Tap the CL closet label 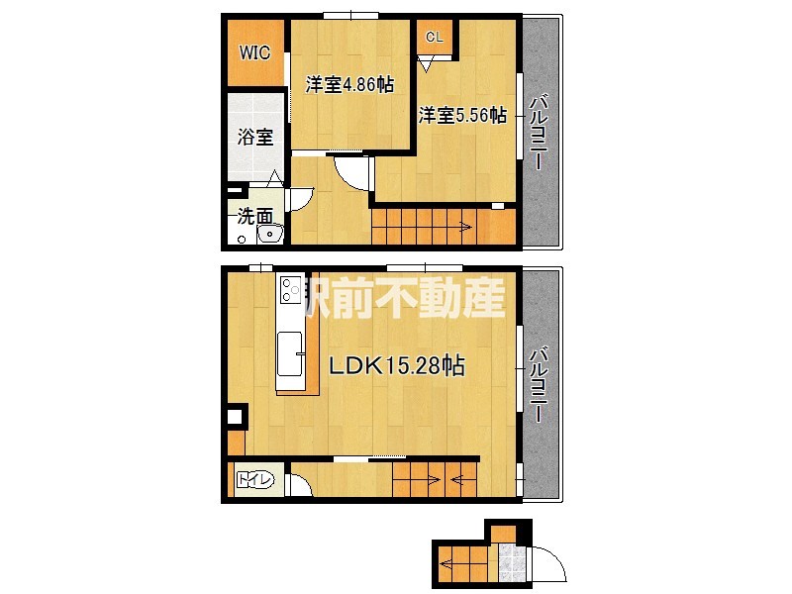click(434, 38)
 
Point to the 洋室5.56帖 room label click(461, 116)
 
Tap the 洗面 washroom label click(255, 214)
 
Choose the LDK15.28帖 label click(397, 365)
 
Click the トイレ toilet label click(254, 482)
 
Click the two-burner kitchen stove click(290, 289)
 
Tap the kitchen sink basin click(291, 354)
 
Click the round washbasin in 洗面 click(267, 234)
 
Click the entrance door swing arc click(547, 564)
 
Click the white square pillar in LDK click(236, 418)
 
